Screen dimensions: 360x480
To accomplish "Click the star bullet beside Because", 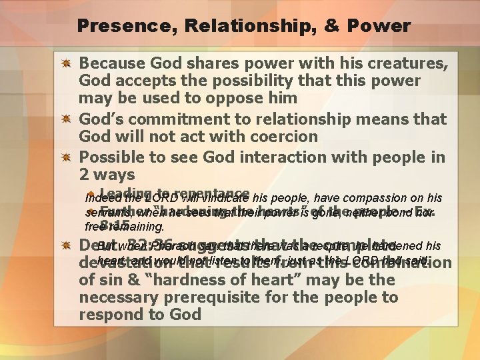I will point(67,64).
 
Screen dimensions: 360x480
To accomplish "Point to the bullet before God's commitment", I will point(67,120).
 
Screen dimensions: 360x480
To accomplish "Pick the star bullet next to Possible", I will point(67,157).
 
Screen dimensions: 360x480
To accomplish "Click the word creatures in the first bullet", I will point(405,63).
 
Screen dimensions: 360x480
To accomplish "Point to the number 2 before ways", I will point(85,175).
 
